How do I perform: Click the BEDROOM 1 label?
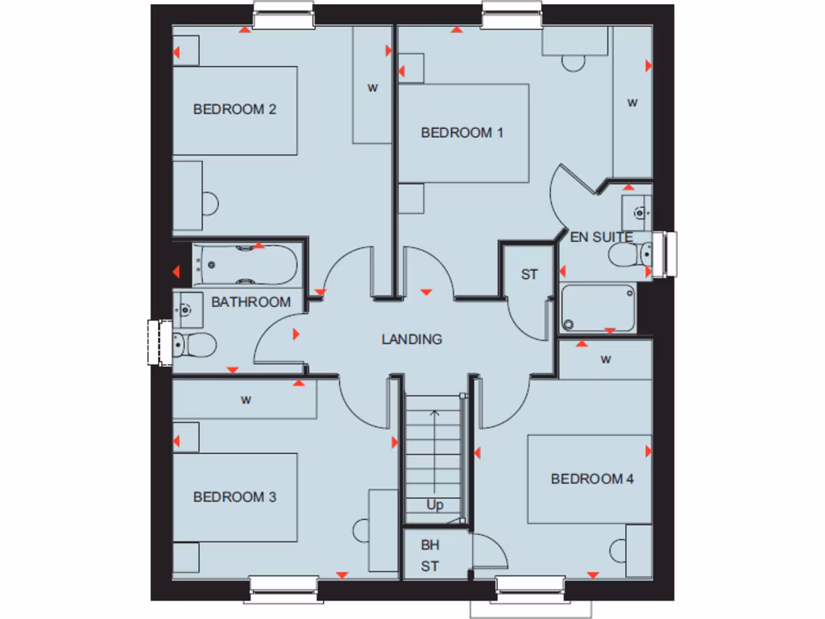[x=462, y=133]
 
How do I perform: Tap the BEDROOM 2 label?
[x=234, y=109]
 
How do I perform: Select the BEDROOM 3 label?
[x=234, y=496]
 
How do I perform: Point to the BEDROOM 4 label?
[x=592, y=479]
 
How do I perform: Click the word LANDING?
[x=412, y=339]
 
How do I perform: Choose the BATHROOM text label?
[x=251, y=302]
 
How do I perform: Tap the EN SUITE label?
[x=601, y=238]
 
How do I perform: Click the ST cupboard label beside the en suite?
[x=529, y=275]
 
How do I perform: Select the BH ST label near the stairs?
[x=430, y=555]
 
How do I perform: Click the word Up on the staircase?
[x=435, y=505]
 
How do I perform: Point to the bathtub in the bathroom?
[x=245, y=265]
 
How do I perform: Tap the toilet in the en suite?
[x=631, y=255]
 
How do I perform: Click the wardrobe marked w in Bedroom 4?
[x=605, y=359]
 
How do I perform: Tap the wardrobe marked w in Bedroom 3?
[x=245, y=399]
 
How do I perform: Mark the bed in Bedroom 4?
[x=589, y=479]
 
